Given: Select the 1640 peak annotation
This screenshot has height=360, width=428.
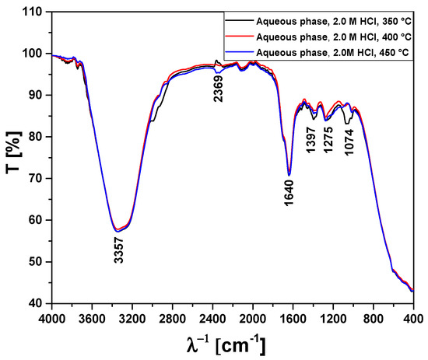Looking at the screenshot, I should tap(289, 192).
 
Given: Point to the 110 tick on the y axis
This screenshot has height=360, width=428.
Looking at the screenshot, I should tap(33, 12).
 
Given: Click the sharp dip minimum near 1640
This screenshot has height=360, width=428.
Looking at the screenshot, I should tap(289, 174).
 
